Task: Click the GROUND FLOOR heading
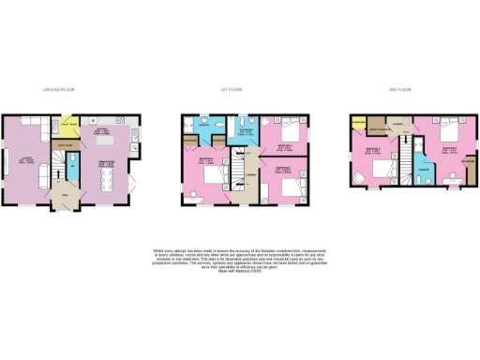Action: pyautogui.click(x=59, y=89)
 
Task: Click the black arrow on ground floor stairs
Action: pyautogui.click(x=55, y=169)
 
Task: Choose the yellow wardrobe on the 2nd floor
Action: pyautogui.click(x=357, y=124)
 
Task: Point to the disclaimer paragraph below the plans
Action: pyautogui.click(x=239, y=259)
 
